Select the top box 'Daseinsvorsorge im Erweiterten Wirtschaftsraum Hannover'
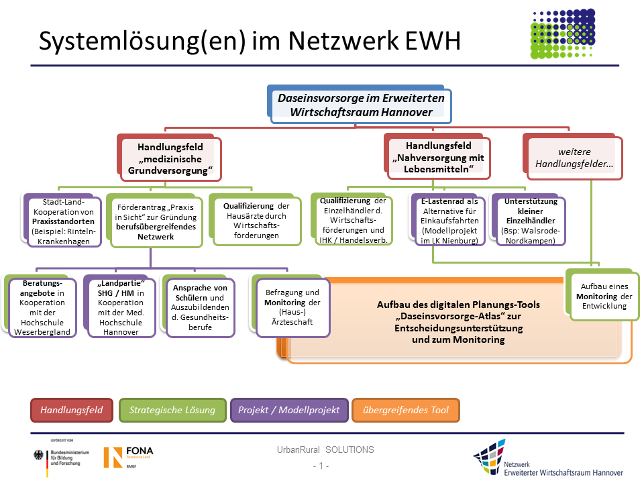361,105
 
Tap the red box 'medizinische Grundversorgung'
170,159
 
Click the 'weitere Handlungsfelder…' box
576,158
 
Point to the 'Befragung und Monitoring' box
292,307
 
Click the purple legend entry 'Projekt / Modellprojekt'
290,410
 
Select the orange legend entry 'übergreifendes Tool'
406,410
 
